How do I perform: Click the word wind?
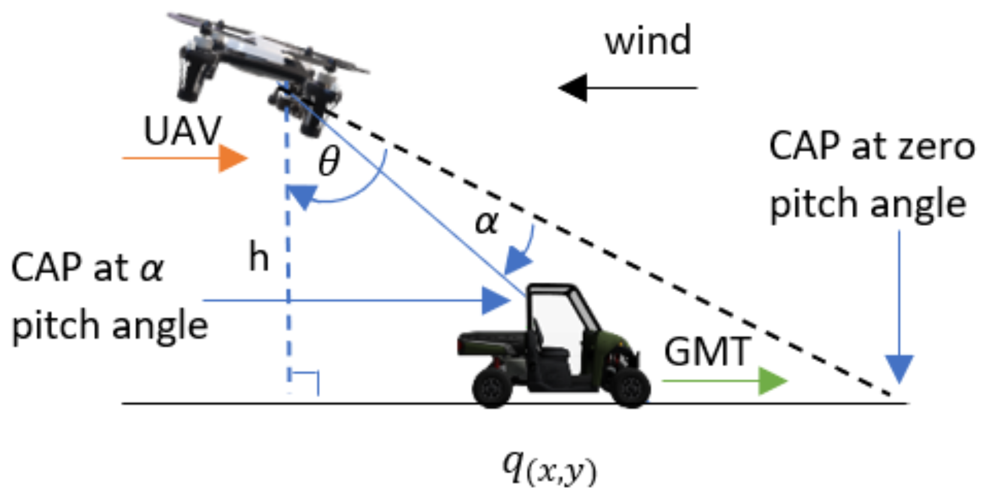click(647, 41)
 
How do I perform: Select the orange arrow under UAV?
click(186, 158)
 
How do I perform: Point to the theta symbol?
click(329, 161)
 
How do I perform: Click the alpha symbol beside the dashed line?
click(486, 223)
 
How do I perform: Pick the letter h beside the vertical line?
click(258, 257)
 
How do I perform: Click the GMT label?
click(707, 351)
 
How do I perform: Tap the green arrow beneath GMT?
click(725, 381)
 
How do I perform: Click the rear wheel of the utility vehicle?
click(492, 388)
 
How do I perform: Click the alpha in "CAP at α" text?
click(152, 268)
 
